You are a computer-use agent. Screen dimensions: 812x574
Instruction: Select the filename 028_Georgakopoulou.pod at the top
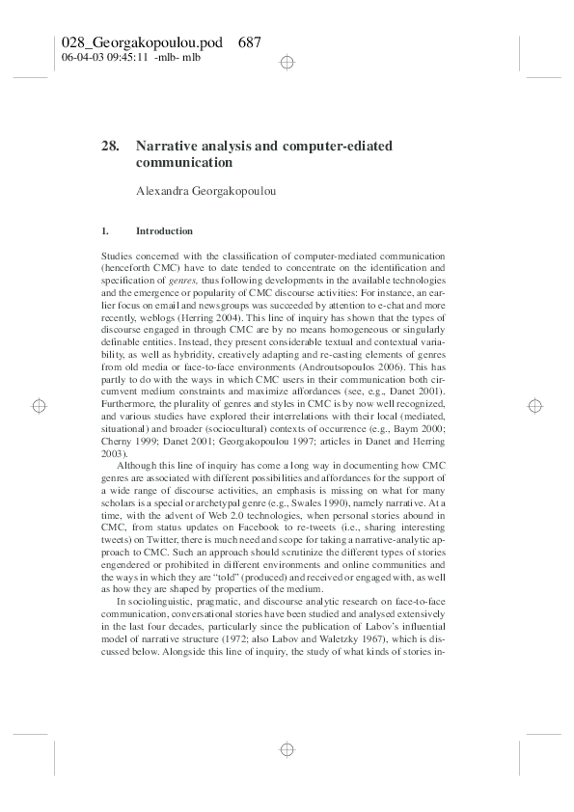[143, 42]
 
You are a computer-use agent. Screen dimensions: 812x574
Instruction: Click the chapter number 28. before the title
[109, 146]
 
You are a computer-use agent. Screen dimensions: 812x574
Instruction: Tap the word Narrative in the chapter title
[166, 146]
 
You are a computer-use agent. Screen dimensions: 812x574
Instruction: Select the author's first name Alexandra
[165, 191]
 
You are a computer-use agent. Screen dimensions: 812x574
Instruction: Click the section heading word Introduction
[165, 231]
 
